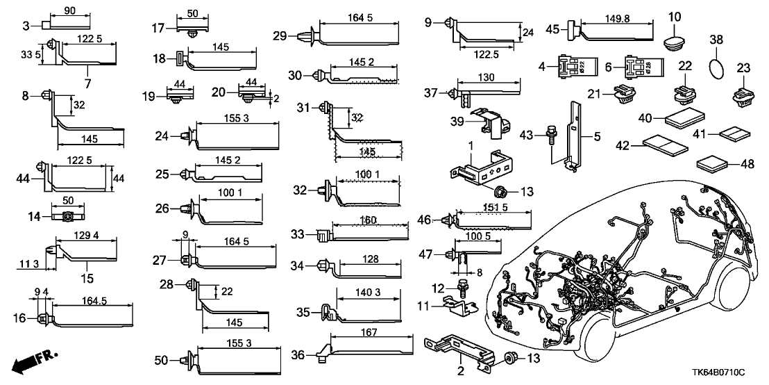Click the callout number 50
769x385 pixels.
pyautogui.click(x=161, y=360)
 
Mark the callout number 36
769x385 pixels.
pyautogui.click(x=298, y=355)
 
